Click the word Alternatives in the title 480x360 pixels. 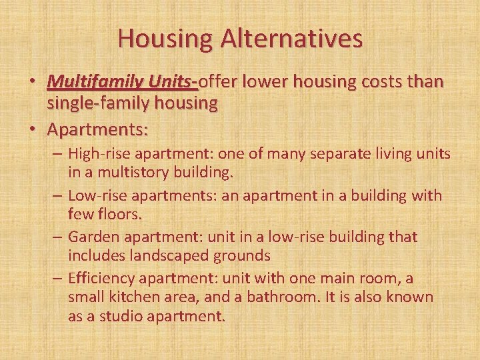(293, 38)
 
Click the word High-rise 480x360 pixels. (99, 154)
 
